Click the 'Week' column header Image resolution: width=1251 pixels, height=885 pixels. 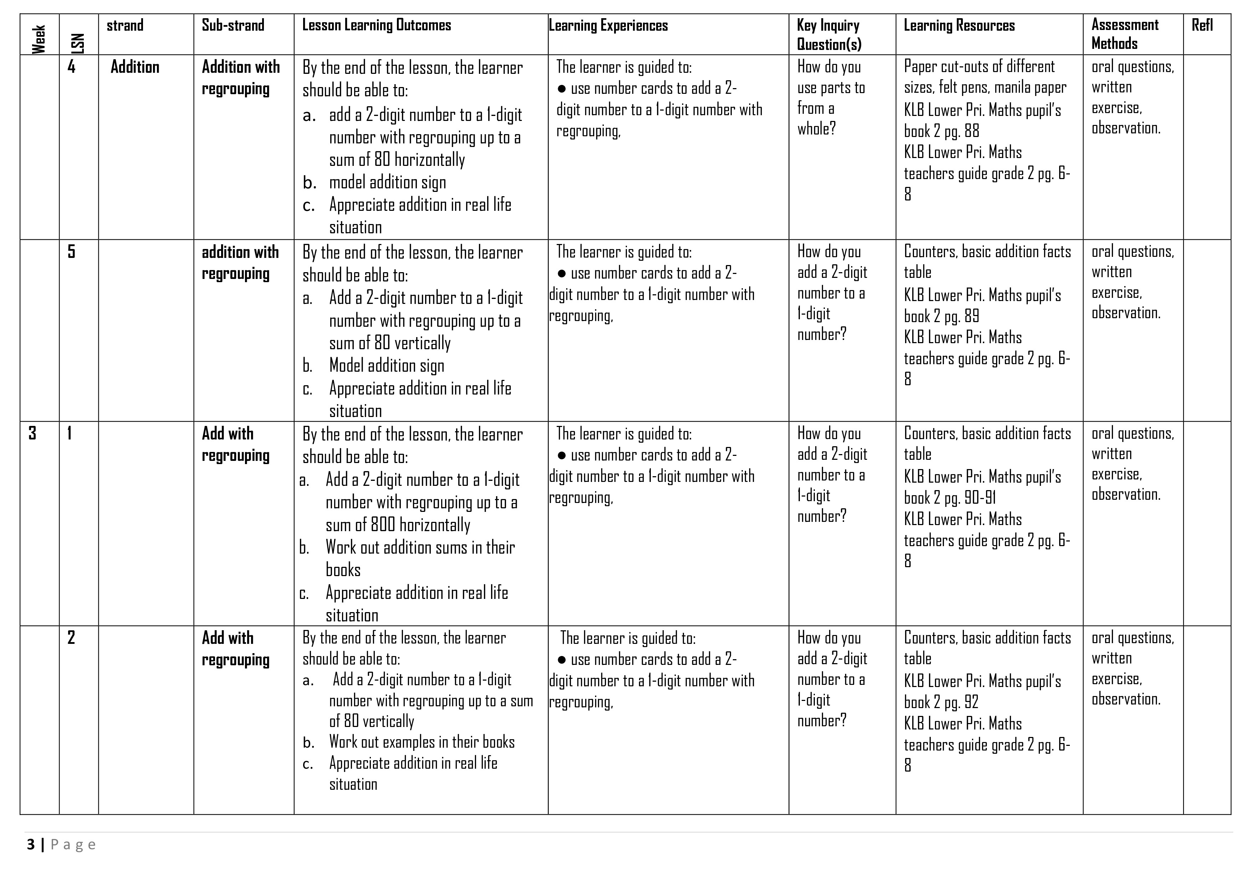pos(39,39)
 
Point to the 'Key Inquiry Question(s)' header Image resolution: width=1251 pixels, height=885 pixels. pos(829,34)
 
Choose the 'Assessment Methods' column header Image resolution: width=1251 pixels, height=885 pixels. pos(1125,34)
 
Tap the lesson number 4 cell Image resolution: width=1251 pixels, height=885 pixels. pos(71,67)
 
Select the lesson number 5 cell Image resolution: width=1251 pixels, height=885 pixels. pos(71,252)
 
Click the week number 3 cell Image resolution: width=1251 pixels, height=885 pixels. pos(33,433)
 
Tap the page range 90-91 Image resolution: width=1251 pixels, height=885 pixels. pos(981,498)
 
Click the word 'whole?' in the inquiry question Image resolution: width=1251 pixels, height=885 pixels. pos(816,129)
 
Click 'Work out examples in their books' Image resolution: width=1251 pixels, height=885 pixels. pos(422,742)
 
